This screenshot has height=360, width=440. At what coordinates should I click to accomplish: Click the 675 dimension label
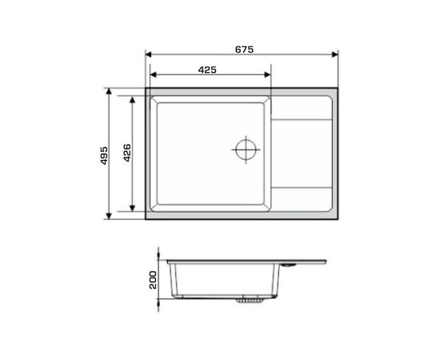coord(244,50)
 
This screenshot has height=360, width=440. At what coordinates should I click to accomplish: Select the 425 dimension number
coord(207,70)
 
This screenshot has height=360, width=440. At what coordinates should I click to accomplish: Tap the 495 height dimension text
coord(104,155)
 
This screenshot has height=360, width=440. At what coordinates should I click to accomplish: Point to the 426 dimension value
coord(127,153)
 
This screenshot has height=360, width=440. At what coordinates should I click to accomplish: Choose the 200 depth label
coord(153,280)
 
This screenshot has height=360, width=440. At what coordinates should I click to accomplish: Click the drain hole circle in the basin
coord(246,150)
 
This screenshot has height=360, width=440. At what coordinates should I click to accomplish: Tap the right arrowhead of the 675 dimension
coord(334,54)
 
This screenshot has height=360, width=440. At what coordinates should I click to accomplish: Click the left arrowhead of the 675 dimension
coord(149,54)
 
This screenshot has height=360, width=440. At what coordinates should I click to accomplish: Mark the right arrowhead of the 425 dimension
coord(267,74)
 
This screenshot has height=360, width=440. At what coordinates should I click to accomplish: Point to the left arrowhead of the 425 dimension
coord(154,74)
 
